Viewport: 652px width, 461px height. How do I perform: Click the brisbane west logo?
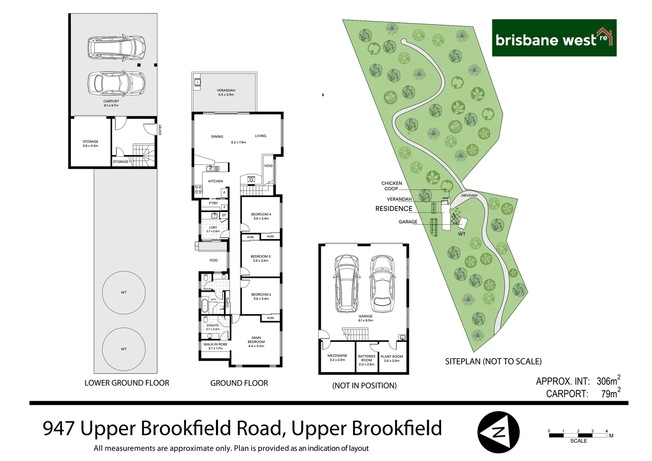(554, 38)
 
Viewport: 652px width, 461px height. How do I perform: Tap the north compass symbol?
(498, 432)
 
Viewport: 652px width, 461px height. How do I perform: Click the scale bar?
(578, 435)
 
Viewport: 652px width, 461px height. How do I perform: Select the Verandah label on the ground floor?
(226, 92)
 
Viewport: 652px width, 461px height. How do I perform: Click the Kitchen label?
(215, 181)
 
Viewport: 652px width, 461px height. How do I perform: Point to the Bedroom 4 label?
(261, 216)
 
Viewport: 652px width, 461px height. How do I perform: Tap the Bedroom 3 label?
(260, 258)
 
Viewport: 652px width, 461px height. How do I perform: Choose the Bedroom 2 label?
(261, 296)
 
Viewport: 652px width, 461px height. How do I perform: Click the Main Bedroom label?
(256, 341)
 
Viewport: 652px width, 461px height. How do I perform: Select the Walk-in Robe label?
(215, 346)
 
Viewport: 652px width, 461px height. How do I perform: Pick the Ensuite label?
(212, 327)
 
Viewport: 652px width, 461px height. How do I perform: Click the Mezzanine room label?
(337, 357)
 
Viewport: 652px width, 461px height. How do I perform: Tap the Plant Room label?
(392, 358)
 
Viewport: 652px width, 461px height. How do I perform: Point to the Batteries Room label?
(367, 360)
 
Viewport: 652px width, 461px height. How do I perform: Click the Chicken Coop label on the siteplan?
(391, 186)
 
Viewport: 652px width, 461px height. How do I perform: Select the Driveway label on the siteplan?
(469, 195)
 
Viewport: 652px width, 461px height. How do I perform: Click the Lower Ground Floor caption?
(127, 383)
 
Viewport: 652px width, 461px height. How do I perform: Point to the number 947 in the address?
(59, 428)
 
